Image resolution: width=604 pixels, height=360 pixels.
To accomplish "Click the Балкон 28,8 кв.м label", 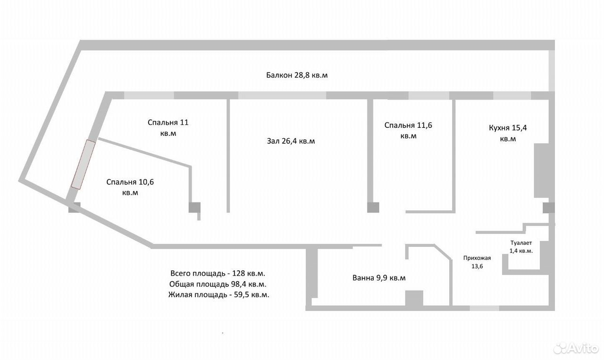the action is (x=297, y=75).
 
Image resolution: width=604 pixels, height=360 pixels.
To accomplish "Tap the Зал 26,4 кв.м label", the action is (x=291, y=141).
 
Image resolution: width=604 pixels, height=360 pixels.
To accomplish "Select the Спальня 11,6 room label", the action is (x=408, y=131).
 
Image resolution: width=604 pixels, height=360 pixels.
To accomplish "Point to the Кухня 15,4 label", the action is (x=508, y=133).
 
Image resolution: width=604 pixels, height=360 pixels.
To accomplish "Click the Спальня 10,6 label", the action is (x=130, y=187).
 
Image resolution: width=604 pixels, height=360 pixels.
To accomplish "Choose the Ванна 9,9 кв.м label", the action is (x=379, y=278).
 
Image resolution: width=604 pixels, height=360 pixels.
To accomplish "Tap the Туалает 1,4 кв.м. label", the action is (x=521, y=247).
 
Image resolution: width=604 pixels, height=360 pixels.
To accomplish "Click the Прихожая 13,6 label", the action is (x=477, y=262).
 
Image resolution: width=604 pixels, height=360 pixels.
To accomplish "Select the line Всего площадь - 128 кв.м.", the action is (x=218, y=273).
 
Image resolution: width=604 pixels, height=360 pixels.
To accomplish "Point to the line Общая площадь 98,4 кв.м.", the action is (x=218, y=284).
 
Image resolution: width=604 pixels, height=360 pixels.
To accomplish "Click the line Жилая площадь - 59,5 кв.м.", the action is (x=218, y=295).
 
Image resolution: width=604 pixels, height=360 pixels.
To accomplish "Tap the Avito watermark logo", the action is (x=576, y=348).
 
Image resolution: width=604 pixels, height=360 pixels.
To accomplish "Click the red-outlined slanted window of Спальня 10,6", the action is (x=84, y=165).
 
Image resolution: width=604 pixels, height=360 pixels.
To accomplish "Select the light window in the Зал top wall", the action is (x=282, y=95).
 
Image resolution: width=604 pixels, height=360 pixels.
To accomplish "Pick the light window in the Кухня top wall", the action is (x=512, y=95).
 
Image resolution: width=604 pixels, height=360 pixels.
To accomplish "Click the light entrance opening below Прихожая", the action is (x=484, y=308).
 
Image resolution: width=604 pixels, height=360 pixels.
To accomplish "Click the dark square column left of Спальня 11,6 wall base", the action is (x=373, y=208).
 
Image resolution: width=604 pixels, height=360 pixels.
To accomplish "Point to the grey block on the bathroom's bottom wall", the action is (x=414, y=298).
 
